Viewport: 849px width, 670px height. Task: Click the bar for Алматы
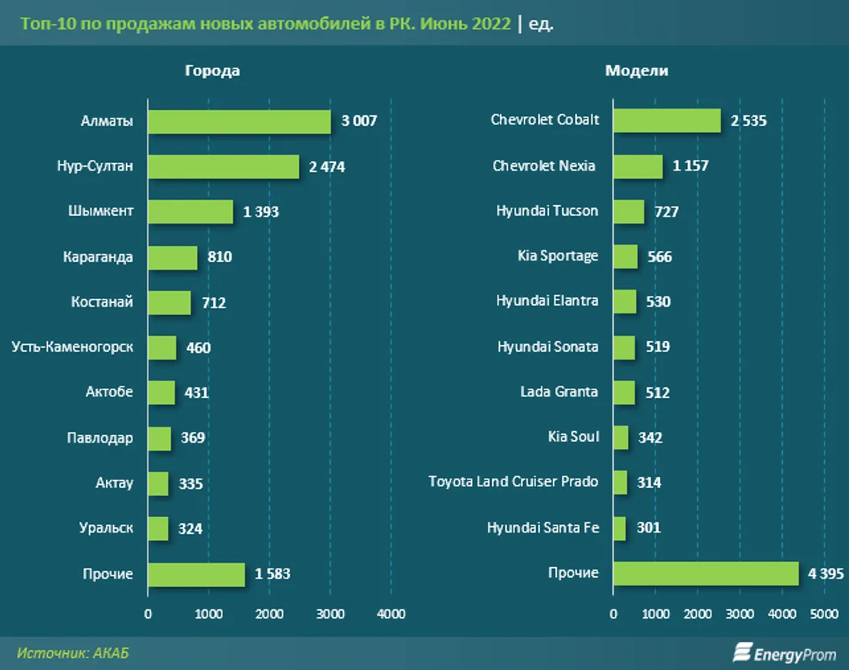[239, 121]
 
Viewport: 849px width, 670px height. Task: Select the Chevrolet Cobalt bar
[667, 121]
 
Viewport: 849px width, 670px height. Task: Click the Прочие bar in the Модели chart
[706, 573]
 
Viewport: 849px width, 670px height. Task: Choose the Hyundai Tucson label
[547, 211]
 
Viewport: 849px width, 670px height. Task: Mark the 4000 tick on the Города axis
[391, 614]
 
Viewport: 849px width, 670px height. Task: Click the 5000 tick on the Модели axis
[824, 614]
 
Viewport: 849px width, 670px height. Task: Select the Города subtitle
[212, 71]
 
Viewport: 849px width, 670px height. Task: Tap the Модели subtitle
[637, 71]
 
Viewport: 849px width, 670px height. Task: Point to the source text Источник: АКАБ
[73, 653]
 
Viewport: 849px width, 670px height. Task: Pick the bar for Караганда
[172, 257]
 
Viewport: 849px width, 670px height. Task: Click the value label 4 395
[825, 573]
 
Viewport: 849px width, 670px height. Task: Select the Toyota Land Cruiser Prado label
[513, 482]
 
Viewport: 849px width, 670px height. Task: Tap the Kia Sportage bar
[625, 257]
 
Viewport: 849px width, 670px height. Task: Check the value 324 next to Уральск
[189, 529]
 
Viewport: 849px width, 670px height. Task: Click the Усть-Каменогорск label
[72, 347]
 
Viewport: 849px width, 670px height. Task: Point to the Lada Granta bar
[624, 392]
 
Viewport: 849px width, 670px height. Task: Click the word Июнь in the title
[441, 24]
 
